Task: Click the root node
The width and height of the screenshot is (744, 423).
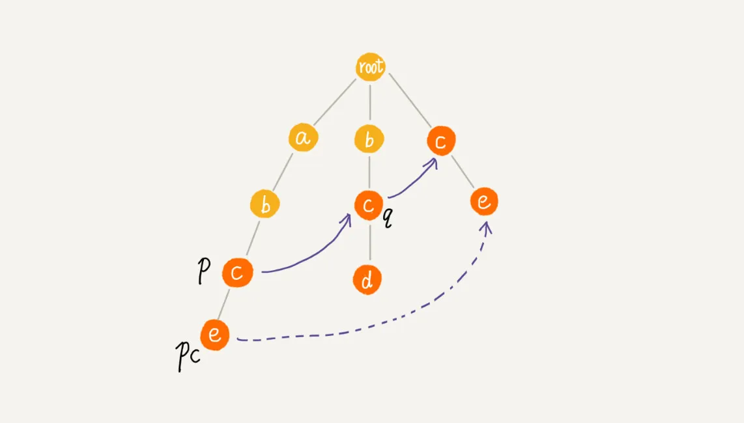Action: (x=370, y=67)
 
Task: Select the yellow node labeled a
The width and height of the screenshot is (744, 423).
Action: (x=303, y=137)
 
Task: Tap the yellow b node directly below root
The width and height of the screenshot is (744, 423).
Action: (x=369, y=139)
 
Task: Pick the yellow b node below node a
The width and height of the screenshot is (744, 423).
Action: (x=265, y=204)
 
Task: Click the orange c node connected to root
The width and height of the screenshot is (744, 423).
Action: (x=441, y=141)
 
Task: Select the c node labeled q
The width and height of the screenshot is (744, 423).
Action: (x=369, y=206)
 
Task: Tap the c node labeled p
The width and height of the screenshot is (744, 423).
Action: (x=237, y=272)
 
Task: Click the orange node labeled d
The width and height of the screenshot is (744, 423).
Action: (x=367, y=280)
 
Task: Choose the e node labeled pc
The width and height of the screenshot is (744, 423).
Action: (x=215, y=334)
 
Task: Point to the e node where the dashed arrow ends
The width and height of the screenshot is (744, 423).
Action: (x=484, y=201)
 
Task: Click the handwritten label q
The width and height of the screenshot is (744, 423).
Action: (x=388, y=217)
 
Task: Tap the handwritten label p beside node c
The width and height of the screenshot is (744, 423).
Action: (x=203, y=271)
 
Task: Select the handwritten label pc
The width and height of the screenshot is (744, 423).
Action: (x=188, y=356)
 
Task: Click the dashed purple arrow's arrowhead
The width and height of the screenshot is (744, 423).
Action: (x=486, y=228)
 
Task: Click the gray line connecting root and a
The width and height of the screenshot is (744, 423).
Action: (x=334, y=102)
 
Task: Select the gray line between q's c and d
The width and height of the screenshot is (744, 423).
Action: (x=370, y=242)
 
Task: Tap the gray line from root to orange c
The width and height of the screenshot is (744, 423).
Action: (x=410, y=100)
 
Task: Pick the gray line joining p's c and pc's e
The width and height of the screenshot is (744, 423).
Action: (x=223, y=305)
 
